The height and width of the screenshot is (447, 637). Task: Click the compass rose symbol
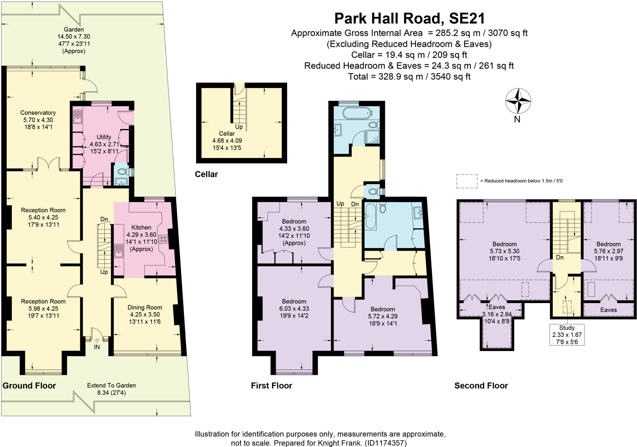[x=518, y=101]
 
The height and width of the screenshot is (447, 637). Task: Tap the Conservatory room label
[x=38, y=120]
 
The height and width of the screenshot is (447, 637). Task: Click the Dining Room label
[x=145, y=314]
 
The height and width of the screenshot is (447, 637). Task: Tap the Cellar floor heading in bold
[x=206, y=174]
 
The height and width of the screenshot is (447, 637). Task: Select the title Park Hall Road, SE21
[x=409, y=18]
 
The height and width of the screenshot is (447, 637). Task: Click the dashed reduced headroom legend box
[x=467, y=181]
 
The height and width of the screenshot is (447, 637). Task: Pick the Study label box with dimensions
[x=567, y=334]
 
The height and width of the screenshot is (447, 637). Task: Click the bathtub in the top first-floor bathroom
[x=356, y=113]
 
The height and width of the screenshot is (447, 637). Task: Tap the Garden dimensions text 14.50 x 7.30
[x=74, y=37]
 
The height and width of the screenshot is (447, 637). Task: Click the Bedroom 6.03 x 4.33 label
[x=294, y=308]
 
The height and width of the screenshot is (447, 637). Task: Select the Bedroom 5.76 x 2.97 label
[x=608, y=251]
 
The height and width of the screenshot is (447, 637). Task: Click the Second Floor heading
[x=481, y=386]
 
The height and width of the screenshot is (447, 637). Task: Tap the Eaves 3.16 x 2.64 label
[x=497, y=314]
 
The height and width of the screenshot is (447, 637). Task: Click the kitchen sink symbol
[x=119, y=251]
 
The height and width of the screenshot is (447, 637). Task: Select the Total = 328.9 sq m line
[x=409, y=76]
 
